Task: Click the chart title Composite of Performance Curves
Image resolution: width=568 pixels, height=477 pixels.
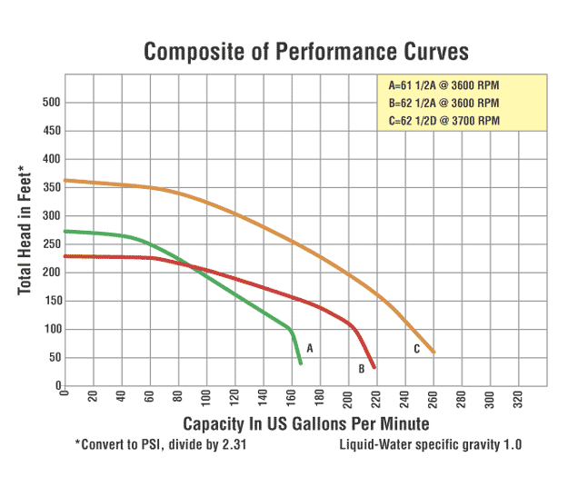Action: point(306,51)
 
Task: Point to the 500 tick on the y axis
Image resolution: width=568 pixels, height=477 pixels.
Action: point(50,103)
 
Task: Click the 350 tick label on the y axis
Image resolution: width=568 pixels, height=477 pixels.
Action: point(50,188)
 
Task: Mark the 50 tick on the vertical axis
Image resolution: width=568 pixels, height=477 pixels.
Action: point(54,358)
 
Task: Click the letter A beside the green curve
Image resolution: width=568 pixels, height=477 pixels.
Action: point(310,348)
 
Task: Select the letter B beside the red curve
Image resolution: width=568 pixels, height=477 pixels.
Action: point(361,369)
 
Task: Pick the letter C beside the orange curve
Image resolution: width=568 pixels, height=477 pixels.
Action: point(416,348)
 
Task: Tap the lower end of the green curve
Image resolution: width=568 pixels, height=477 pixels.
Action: point(300,363)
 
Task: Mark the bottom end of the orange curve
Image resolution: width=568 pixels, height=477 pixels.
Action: point(433,353)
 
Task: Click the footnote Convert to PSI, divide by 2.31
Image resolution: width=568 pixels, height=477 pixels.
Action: point(160,445)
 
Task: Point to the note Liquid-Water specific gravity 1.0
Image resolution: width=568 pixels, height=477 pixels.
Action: point(431,445)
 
